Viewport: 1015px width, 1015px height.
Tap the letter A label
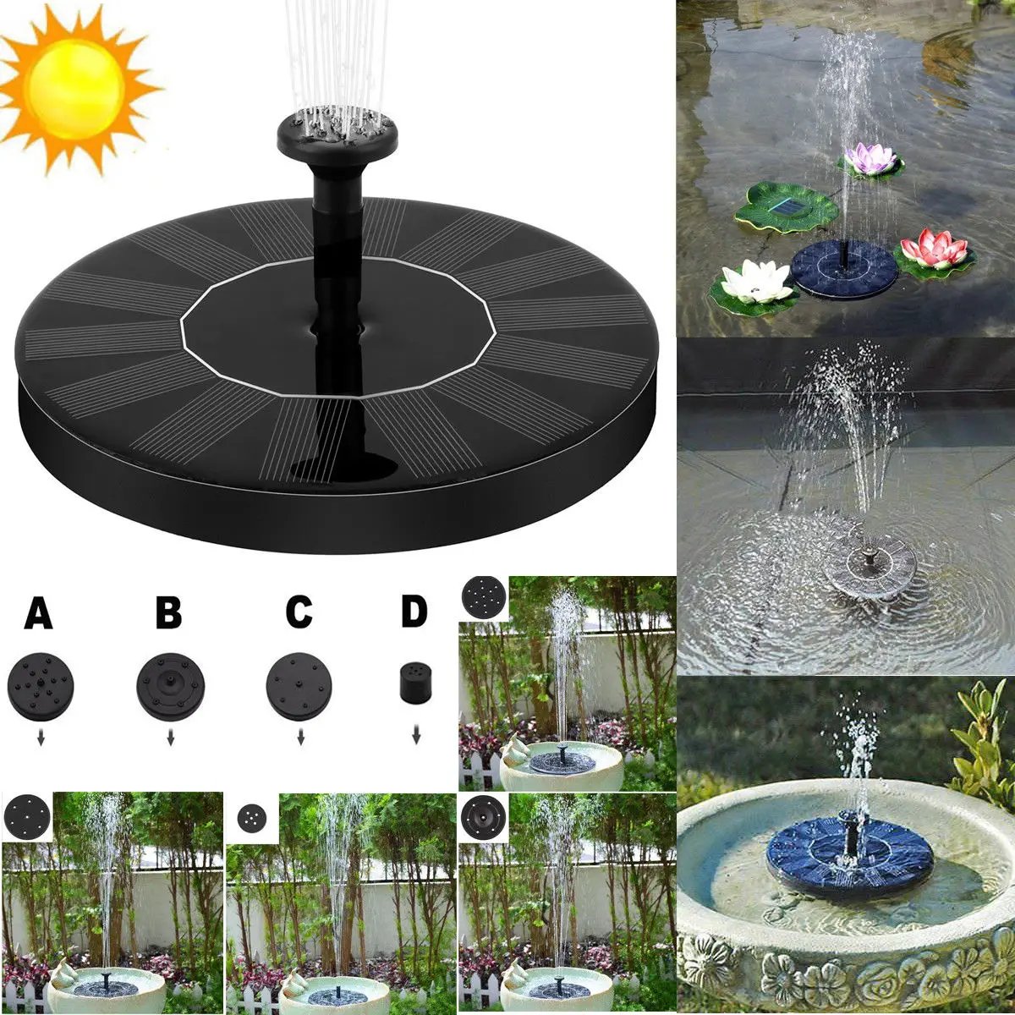[38, 613]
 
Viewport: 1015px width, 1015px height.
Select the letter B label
[168, 613]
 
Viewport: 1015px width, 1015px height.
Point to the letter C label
[299, 613]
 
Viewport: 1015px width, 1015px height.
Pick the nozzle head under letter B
[170, 685]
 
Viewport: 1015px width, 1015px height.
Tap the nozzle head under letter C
[299, 685]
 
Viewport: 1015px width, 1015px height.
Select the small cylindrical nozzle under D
[414, 682]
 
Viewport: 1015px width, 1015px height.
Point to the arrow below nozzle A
[40, 739]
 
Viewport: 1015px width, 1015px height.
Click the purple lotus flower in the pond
[871, 159]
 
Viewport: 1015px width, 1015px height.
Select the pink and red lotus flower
[933, 249]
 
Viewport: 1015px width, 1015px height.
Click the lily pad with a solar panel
[787, 206]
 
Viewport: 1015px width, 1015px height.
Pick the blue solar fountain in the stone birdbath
[849, 854]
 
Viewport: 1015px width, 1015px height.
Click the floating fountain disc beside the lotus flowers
[844, 268]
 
